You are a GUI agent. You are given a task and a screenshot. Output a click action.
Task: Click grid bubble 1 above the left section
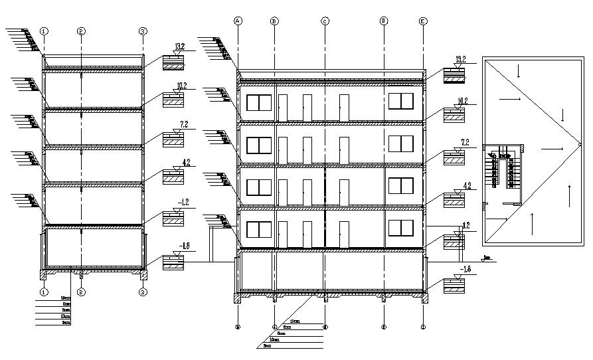44,31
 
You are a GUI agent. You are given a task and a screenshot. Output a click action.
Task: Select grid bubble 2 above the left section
81,31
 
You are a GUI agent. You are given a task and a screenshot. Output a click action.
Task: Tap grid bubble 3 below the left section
143,292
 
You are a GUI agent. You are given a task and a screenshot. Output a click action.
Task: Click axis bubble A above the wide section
238,21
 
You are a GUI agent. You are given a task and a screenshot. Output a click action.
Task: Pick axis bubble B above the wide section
274,21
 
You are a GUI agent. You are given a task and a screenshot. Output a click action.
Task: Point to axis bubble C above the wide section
325,21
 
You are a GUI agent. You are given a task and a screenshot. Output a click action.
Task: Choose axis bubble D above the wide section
384,21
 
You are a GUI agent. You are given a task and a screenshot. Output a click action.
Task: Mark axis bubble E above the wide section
423,21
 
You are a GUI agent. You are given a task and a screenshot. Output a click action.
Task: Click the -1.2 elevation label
180,201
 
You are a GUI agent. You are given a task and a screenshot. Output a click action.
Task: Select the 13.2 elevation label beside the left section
179,46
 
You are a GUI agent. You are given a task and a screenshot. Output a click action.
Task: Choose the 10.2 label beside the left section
180,86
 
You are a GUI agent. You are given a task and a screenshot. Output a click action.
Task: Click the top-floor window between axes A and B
259,104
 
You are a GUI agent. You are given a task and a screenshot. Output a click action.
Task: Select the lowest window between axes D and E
401,228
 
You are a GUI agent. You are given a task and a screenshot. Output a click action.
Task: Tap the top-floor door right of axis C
344,108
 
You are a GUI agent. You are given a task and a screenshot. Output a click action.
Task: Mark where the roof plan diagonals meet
578,145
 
